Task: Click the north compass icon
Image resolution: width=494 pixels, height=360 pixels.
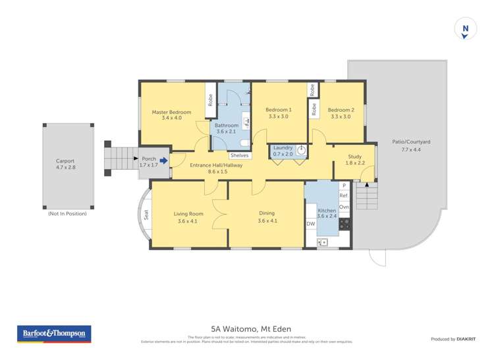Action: pyautogui.click(x=466, y=30)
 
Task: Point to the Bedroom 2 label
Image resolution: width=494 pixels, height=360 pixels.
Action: pyautogui.click(x=341, y=113)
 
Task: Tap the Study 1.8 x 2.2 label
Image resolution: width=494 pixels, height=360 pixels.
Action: pyautogui.click(x=354, y=159)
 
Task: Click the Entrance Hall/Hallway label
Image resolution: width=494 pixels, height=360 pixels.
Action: pyautogui.click(x=216, y=168)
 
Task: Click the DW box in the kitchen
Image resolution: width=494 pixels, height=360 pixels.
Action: pyautogui.click(x=311, y=224)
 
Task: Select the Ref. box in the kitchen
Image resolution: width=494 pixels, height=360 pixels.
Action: pyautogui.click(x=343, y=196)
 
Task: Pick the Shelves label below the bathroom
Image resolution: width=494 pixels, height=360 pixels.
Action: pyautogui.click(x=239, y=155)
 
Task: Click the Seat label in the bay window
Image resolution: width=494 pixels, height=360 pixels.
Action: pyautogui.click(x=146, y=215)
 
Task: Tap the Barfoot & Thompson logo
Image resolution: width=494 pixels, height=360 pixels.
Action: pyautogui.click(x=53, y=334)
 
